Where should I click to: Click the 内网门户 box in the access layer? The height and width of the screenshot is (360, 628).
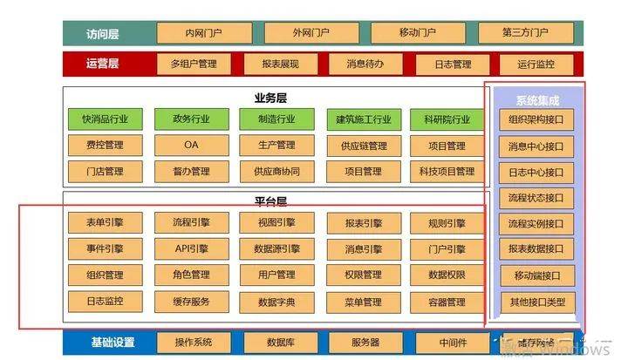tap(203, 33)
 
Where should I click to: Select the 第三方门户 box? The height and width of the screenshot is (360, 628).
tap(524, 33)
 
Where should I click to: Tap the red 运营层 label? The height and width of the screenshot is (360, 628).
tap(102, 64)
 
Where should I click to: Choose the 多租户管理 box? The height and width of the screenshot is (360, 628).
tap(193, 65)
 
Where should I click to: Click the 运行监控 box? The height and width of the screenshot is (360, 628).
tap(534, 65)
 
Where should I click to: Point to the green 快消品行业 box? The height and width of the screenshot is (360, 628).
tap(104, 119)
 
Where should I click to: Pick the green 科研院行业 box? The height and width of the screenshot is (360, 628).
tap(447, 119)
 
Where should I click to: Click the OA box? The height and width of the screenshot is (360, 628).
tap(191, 145)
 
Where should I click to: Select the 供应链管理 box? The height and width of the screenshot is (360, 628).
tap(363, 145)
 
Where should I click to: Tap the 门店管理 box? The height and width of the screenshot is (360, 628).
tap(104, 171)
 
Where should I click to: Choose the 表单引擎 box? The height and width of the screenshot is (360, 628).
tap(104, 223)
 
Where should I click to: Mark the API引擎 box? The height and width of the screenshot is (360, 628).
tap(191, 249)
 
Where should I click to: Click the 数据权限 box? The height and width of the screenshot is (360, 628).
tap(447, 275)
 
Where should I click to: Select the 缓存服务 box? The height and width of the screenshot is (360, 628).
tap(191, 302)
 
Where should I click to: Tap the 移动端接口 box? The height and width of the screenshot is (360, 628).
tap(537, 276)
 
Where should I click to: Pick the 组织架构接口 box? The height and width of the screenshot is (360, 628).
tap(537, 120)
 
